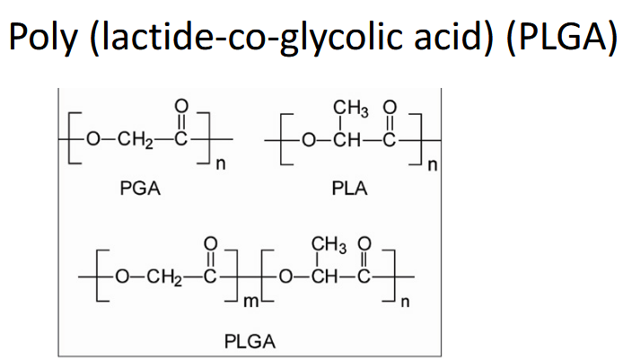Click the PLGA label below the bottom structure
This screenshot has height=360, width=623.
pos(250,341)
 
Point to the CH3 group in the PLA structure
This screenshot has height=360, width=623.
pos(348,111)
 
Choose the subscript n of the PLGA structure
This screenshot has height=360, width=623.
pos(404,301)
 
